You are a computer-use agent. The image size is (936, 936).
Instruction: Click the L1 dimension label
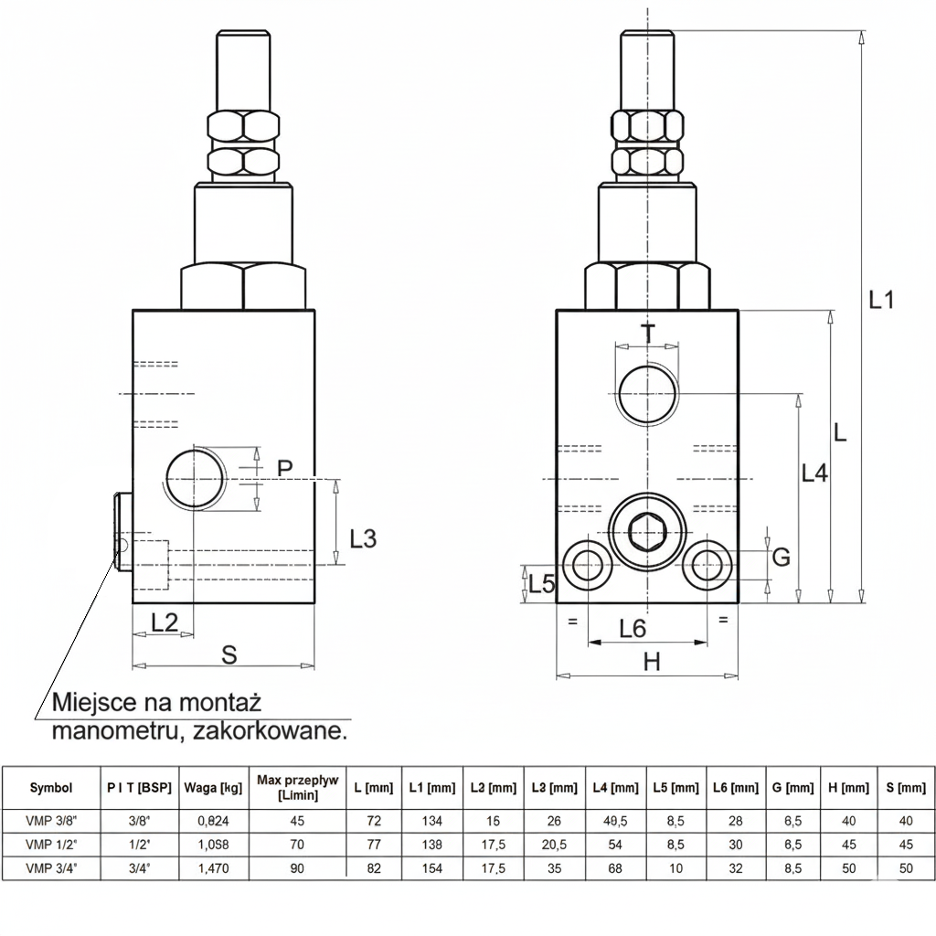[880, 299]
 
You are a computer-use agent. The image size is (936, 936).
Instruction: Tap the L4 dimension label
[814, 473]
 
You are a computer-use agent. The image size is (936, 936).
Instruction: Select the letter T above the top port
[648, 334]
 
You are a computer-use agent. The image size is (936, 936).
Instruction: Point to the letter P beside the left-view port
[285, 468]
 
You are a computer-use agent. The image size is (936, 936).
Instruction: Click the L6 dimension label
[633, 628]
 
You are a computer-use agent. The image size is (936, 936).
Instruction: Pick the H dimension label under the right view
[651, 662]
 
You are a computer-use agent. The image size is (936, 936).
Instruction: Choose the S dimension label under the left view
[229, 654]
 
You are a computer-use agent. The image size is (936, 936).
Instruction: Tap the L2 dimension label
[165, 622]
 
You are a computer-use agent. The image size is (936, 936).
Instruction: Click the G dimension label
[781, 557]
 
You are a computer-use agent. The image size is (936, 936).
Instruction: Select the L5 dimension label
[543, 584]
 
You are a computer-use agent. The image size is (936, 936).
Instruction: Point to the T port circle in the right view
[647, 394]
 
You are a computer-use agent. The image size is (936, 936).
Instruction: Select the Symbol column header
[51, 787]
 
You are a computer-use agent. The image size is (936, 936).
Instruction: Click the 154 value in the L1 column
[431, 868]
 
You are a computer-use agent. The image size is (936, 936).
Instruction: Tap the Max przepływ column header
[297, 787]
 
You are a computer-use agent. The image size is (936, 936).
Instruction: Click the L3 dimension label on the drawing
[363, 538]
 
